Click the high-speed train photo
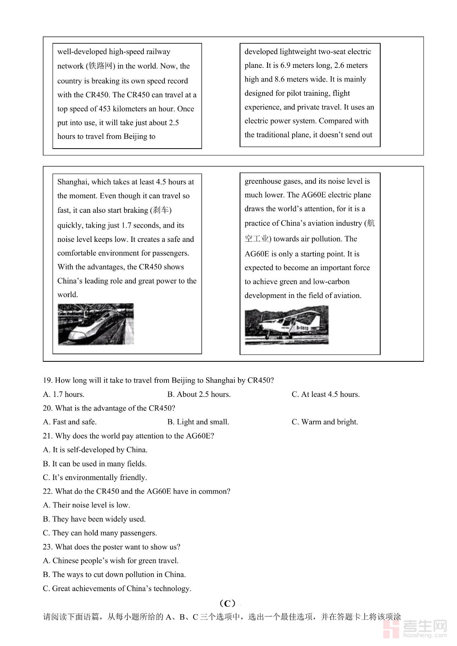coord(96,324)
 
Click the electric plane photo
coord(286,325)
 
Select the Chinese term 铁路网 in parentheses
coord(100,66)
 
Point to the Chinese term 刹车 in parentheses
coord(160,210)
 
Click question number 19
coord(48,380)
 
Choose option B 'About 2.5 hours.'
coord(199,394)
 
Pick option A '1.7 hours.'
coord(63,394)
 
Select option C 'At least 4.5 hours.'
coord(326,394)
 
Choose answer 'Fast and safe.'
coord(70,422)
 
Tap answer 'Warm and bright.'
coord(325,422)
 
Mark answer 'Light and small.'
coord(198,422)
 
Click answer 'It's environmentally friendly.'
coord(95,478)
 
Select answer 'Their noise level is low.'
coord(86,505)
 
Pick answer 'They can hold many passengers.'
coord(100,533)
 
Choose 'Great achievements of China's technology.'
coord(117,589)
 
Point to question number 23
coord(48,547)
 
